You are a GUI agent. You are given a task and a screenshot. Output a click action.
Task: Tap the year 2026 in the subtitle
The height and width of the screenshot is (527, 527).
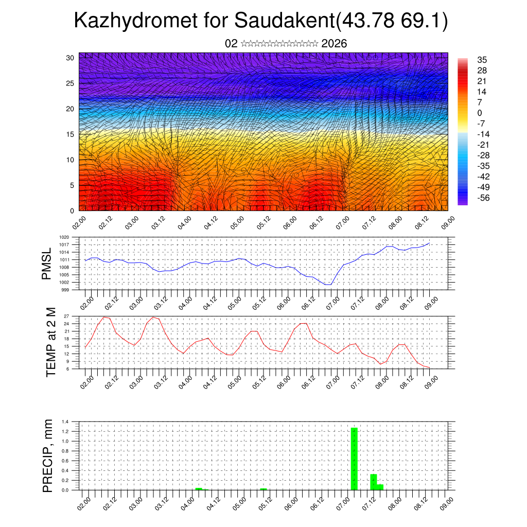[334, 44]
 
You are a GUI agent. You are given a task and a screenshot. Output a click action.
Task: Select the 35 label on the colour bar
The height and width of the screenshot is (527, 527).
[482, 60]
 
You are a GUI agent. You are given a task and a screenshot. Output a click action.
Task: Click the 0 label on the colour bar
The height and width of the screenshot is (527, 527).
[480, 113]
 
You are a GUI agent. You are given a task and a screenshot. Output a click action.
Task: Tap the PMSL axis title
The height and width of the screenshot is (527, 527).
[47, 263]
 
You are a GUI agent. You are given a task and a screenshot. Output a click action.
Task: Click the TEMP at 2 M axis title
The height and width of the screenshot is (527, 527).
[50, 342]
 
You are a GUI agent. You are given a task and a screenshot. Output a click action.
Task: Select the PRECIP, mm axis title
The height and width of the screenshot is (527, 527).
[48, 455]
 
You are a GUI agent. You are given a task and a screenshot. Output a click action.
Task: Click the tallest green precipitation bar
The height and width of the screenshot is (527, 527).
[354, 458]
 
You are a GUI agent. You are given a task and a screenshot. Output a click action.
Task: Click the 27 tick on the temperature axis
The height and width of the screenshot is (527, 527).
[73, 316]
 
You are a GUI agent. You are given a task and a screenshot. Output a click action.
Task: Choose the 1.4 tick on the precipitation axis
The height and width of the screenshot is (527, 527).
[73, 421]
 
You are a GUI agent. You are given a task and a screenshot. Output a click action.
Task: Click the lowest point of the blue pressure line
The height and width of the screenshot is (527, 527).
[328, 284]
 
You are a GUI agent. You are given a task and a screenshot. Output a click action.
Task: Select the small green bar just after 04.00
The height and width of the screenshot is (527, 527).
[199, 488]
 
